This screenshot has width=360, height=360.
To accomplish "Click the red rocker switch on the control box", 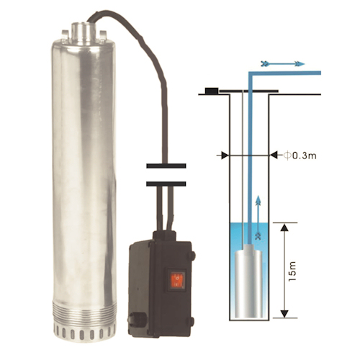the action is pyautogui.click(x=177, y=280).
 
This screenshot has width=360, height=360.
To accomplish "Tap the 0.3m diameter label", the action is pyautogui.click(x=300, y=156).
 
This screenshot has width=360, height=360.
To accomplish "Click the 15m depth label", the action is pyautogui.click(x=292, y=271).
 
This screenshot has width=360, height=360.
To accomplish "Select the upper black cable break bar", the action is pyautogui.click(x=166, y=166).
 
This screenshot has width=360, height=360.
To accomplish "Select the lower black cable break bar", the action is pyautogui.click(x=166, y=184).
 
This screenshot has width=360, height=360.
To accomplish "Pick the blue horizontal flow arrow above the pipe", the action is pyautogui.click(x=283, y=64).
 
